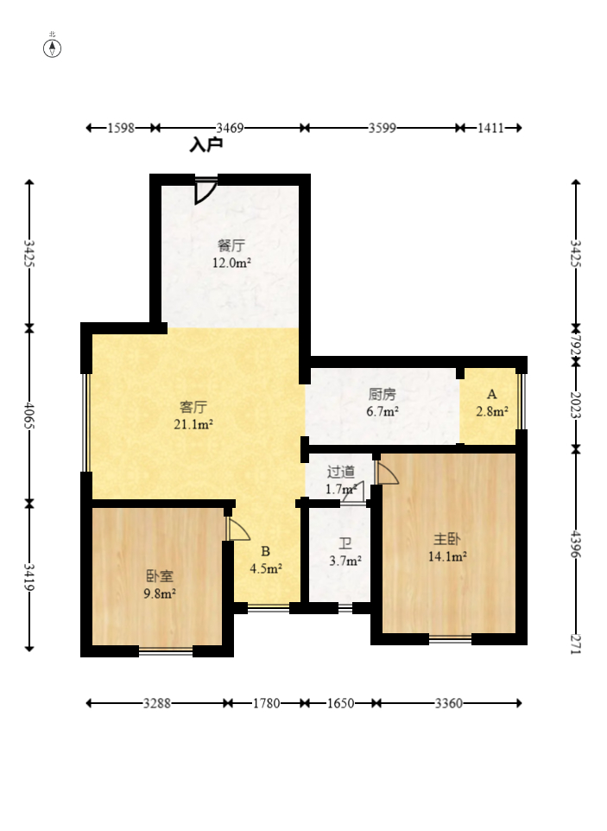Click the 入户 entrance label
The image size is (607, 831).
coord(206,144)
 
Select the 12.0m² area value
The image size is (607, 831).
coord(231,263)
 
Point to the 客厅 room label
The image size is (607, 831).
coord(193,407)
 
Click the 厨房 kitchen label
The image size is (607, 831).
coord(382,394)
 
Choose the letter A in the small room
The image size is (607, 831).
coord(492,394)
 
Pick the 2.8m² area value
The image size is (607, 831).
coord(492,411)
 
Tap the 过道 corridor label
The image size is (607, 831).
coord(340,471)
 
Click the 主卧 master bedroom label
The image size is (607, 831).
coord(447,539)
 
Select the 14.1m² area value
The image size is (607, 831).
coord(447,556)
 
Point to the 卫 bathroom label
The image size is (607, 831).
coord(345,543)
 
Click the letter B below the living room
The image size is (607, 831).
coord(265,552)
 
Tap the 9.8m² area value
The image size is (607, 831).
coord(160,593)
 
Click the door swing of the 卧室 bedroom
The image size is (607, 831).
coord(237,529)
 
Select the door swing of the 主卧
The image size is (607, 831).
coord(387,472)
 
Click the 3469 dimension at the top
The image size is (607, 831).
coord(230,128)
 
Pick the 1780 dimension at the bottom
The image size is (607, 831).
coord(266,703)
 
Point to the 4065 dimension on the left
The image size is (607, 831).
coord(29,416)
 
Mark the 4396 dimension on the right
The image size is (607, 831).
coord(576,545)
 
